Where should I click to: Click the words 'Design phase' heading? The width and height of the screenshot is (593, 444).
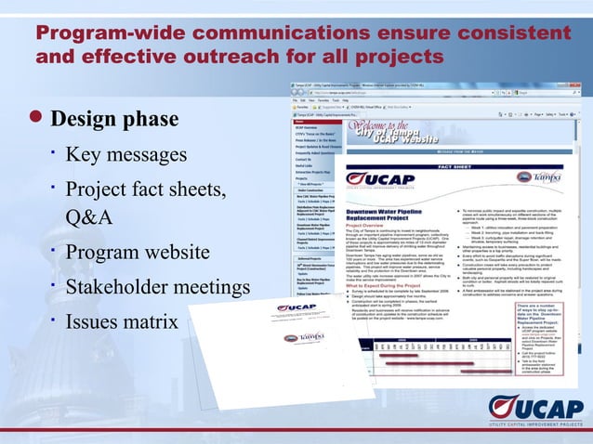(x=114, y=121)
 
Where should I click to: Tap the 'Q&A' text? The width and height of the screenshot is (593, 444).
(x=89, y=217)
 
